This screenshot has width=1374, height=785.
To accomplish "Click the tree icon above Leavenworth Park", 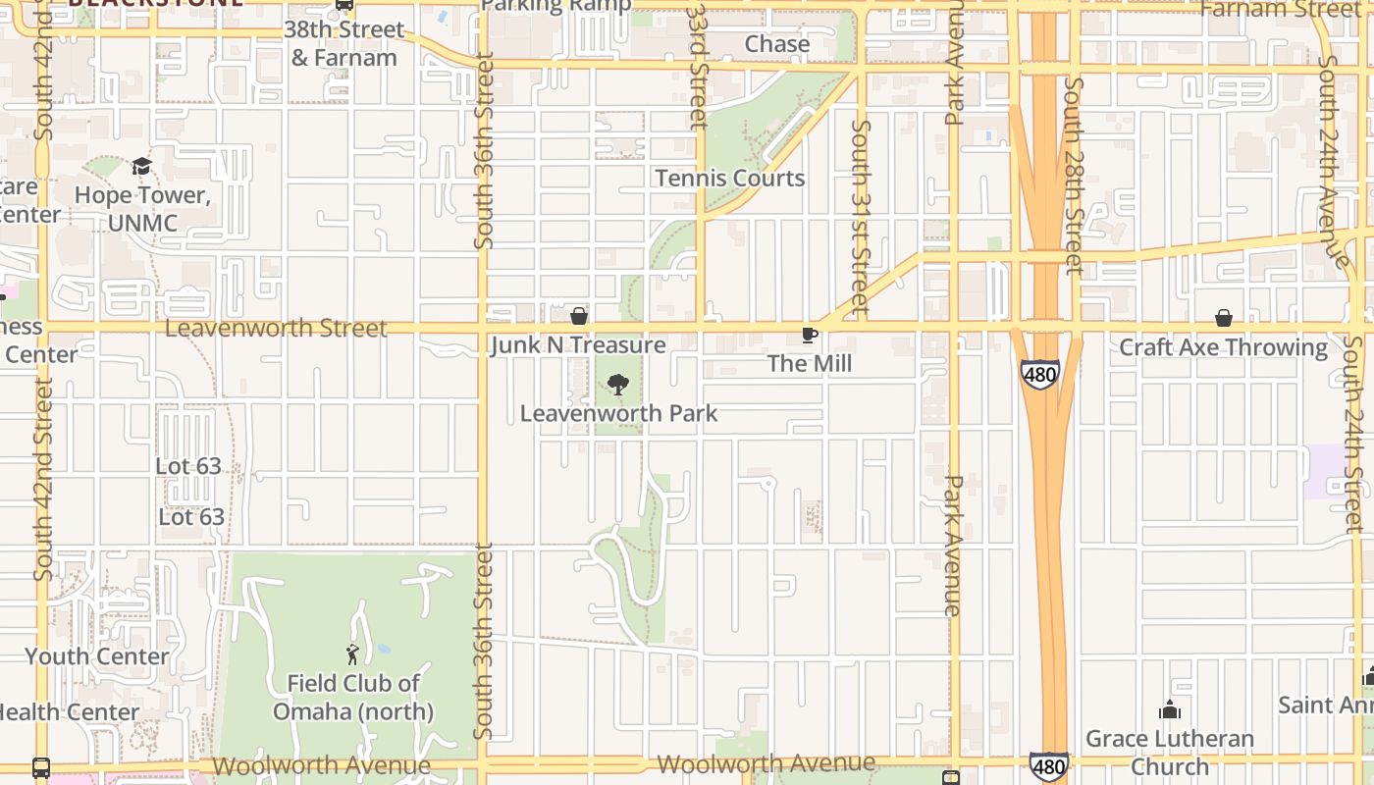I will (x=617, y=385).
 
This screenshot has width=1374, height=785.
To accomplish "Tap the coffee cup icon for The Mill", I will (x=810, y=336).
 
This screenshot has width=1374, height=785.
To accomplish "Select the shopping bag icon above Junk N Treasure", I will (x=579, y=316).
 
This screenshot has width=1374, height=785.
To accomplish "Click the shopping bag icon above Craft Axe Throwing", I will (x=1224, y=318).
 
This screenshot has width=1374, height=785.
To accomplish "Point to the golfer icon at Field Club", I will (x=352, y=654).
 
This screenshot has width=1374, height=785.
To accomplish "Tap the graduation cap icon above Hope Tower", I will (x=142, y=166).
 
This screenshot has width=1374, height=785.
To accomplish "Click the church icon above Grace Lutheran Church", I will (x=1170, y=709).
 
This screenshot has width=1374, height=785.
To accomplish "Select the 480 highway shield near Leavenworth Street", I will (x=1039, y=374).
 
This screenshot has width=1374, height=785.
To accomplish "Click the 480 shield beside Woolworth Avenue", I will (x=1048, y=766).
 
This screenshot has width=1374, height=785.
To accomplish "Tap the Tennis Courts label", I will (x=730, y=179).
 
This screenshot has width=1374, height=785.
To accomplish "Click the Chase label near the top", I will (x=777, y=44).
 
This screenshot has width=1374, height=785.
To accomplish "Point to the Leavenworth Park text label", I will (x=618, y=414).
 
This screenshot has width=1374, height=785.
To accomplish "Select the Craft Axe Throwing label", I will (x=1223, y=347).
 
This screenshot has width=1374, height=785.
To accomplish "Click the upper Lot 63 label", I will (x=188, y=466).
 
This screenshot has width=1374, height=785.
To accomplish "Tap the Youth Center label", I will (x=97, y=656).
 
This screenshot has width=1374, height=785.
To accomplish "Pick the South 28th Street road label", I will (x=1073, y=177).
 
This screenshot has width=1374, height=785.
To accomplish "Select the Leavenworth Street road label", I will (x=276, y=328).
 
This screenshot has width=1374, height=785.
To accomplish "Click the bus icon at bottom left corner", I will (x=41, y=767).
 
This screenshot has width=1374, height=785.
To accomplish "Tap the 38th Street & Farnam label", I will (x=343, y=44).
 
